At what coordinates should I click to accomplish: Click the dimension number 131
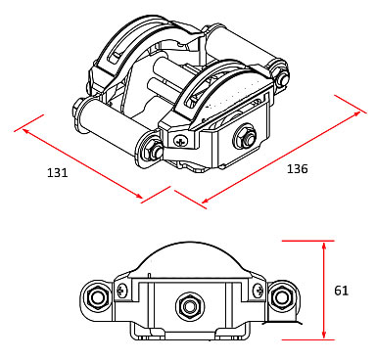click(58, 172)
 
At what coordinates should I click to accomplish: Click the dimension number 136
click(298, 168)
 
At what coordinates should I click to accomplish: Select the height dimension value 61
click(341, 291)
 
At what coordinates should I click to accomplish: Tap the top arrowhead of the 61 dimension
click(324, 246)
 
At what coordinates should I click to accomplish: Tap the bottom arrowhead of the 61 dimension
click(324, 335)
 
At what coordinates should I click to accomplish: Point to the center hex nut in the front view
click(190, 306)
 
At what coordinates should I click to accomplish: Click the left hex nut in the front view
click(97, 297)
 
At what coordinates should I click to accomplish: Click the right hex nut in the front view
click(280, 297)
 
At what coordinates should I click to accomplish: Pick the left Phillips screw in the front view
click(122, 290)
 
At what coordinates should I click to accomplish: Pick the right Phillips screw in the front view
click(258, 290)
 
